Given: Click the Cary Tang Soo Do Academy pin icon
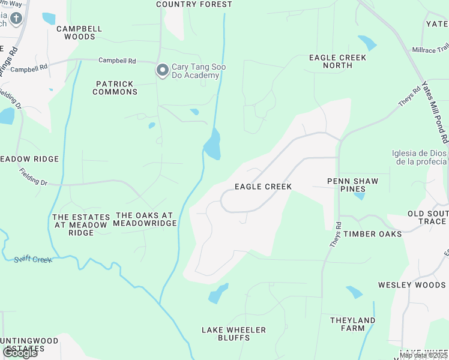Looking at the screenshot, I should pyautogui.click(x=162, y=71).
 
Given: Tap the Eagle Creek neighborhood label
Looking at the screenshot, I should pyautogui.click(x=263, y=187).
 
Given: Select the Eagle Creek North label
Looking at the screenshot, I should pyautogui.click(x=337, y=61).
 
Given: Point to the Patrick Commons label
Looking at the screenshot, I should pyautogui.click(x=115, y=88).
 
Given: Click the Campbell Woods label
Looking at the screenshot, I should pyautogui.click(x=79, y=32).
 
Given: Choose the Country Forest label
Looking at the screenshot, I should pyautogui.click(x=194, y=4).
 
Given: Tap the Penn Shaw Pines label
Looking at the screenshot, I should pyautogui.click(x=353, y=185).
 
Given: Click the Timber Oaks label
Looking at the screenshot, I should pyautogui.click(x=372, y=234).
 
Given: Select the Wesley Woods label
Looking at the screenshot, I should pyautogui.click(x=412, y=285).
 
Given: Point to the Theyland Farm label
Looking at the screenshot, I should pyautogui.click(x=352, y=324).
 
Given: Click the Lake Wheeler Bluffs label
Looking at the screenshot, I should pyautogui.click(x=234, y=334).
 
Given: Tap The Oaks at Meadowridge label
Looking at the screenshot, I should pyautogui.click(x=146, y=219).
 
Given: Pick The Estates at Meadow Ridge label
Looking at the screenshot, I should pyautogui.click(x=81, y=225).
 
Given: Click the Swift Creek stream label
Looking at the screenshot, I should pyautogui.click(x=33, y=259).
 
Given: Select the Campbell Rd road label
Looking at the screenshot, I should pyautogui.click(x=118, y=61).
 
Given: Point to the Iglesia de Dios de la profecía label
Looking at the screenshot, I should pyautogui.click(x=419, y=157).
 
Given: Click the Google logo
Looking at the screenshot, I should pyautogui.click(x=20, y=353).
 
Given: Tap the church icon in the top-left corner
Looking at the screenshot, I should pyautogui.click(x=15, y=18).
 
